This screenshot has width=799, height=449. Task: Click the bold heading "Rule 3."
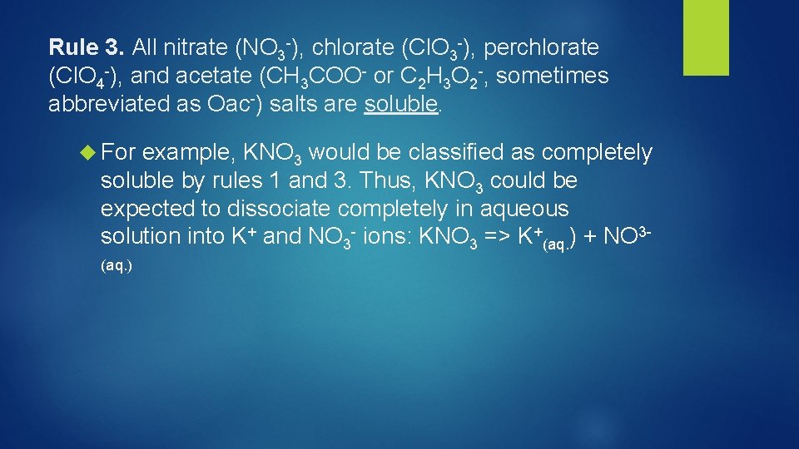(85, 47)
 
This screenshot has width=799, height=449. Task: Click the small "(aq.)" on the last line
(117, 266)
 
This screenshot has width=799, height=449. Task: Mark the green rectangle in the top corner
(705, 37)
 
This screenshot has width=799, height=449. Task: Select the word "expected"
(146, 209)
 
